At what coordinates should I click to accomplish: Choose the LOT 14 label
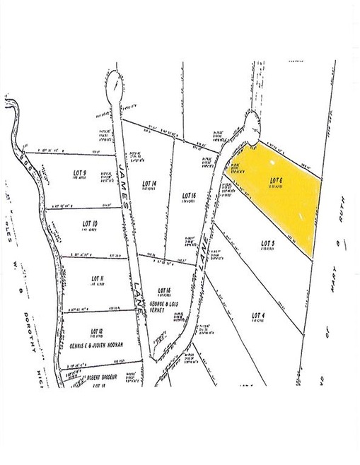coord(149,184)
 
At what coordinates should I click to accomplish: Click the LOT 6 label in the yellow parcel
coord(277,179)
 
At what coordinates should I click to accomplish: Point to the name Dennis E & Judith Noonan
coord(96,345)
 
